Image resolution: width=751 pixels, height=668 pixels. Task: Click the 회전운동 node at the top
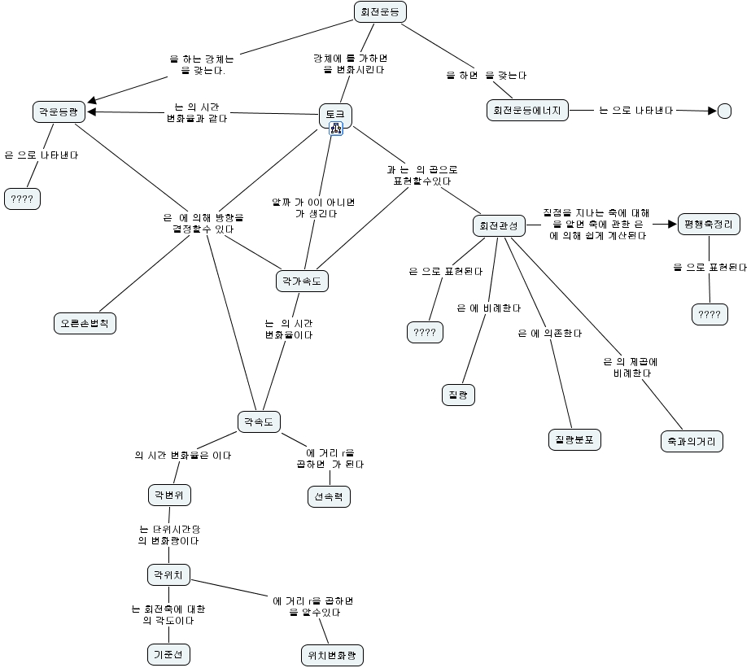click(380, 11)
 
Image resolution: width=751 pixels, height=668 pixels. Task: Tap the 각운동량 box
click(59, 111)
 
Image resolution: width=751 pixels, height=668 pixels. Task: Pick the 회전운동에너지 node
click(527, 111)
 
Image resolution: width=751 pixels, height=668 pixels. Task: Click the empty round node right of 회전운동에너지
click(724, 111)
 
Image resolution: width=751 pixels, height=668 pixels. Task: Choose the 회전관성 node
click(498, 226)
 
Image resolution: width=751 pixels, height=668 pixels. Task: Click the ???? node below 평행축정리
click(710, 315)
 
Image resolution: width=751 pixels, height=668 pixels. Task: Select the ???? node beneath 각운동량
click(22, 199)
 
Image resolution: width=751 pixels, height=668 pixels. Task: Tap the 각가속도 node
click(302, 282)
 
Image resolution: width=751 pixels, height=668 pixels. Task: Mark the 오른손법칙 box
click(85, 323)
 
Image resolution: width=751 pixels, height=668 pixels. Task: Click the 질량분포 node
click(574, 439)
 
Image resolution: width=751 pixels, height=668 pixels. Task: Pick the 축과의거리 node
click(691, 442)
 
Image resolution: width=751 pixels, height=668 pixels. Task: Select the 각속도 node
click(258, 421)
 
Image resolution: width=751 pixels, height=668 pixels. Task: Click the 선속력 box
click(329, 496)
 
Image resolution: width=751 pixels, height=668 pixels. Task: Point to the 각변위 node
click(169, 494)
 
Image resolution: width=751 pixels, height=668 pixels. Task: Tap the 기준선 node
click(169, 653)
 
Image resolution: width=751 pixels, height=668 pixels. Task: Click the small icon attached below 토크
click(335, 129)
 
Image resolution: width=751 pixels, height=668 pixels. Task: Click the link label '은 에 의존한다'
click(550, 334)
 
